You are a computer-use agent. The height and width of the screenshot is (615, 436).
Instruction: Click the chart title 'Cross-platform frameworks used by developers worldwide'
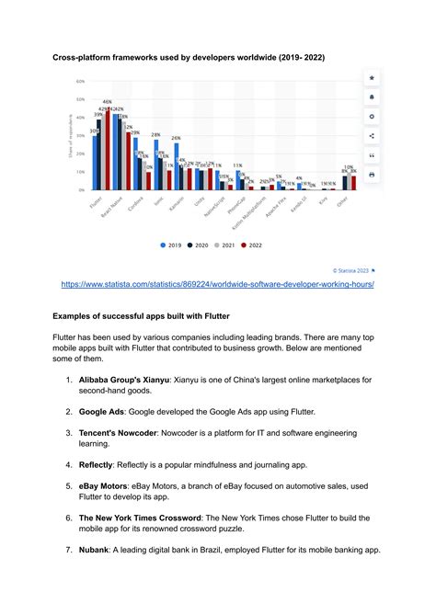click(188, 58)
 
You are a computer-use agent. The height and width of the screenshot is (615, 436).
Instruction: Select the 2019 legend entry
click(169, 245)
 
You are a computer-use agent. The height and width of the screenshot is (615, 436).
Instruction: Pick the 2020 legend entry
click(200, 245)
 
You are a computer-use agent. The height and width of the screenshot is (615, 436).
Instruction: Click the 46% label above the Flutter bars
click(107, 102)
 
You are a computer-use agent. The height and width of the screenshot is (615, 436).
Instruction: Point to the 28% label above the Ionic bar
click(156, 134)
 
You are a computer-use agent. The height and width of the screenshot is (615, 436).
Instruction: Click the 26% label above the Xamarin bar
click(176, 138)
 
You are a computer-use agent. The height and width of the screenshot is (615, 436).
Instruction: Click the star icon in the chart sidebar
click(371, 79)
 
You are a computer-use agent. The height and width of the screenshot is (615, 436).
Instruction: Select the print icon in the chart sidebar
click(371, 174)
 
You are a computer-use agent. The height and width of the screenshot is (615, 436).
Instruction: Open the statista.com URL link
click(217, 284)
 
